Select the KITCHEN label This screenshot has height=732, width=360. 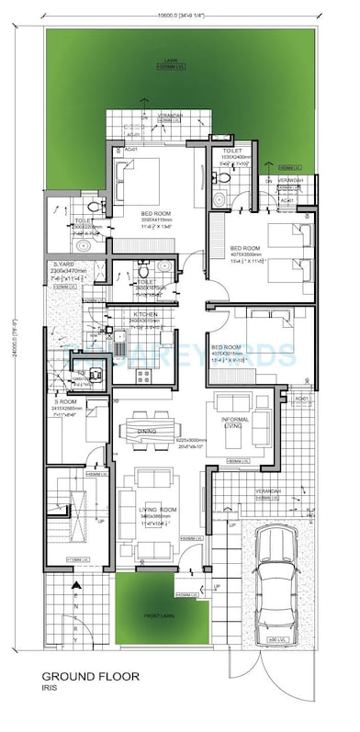[146, 314]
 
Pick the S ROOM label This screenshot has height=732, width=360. [67, 400]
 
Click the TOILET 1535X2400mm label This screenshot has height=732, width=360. [225, 152]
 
